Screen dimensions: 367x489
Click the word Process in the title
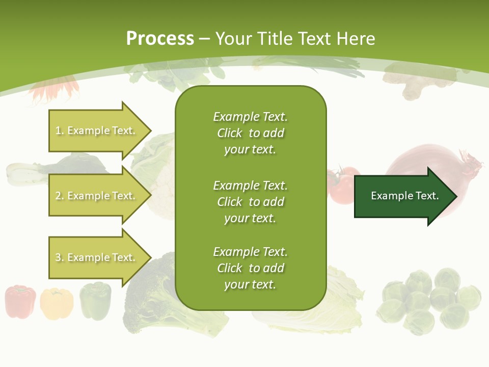click(x=160, y=39)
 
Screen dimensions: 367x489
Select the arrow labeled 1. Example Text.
click(x=97, y=130)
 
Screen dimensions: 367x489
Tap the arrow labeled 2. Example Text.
click(x=97, y=196)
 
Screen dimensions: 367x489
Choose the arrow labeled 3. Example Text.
click(x=97, y=257)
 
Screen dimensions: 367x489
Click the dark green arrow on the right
click(x=405, y=196)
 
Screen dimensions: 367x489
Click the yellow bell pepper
click(x=56, y=303)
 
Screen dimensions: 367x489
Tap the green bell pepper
click(x=95, y=301)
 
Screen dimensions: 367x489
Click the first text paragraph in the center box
click(x=250, y=133)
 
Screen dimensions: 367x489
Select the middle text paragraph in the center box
click(x=250, y=202)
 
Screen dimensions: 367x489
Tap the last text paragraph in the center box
click(x=250, y=268)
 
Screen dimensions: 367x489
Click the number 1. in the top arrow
click(x=60, y=130)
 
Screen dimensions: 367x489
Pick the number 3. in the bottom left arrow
click(x=60, y=257)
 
